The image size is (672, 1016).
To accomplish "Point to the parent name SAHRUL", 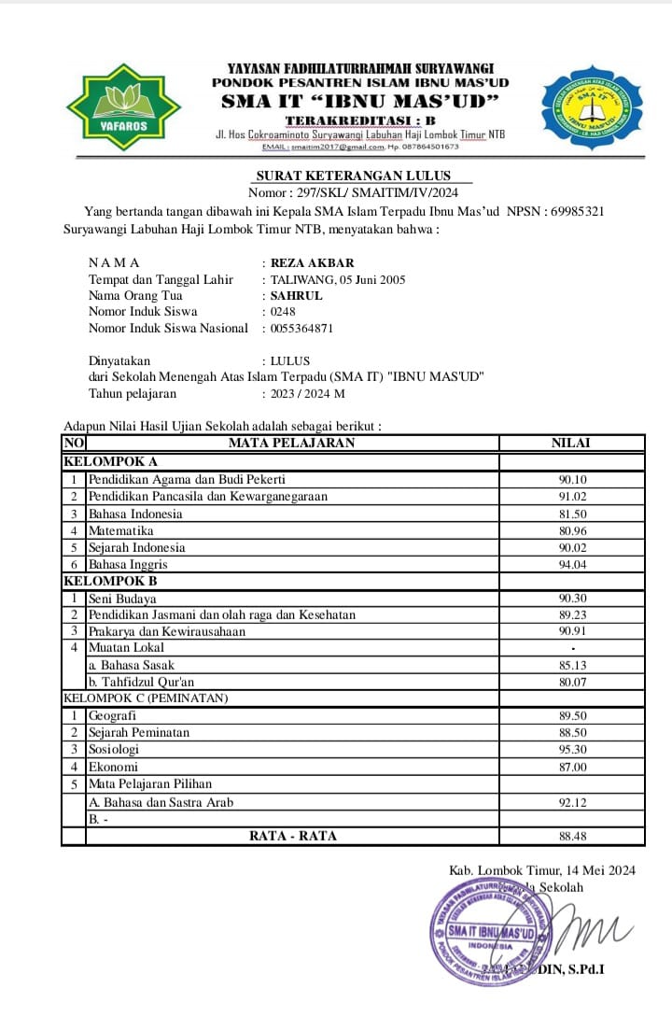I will [296, 295].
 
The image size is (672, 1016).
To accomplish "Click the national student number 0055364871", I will [301, 328].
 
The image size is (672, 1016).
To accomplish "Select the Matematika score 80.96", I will [572, 530].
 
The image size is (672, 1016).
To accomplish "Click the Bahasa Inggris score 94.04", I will [572, 564].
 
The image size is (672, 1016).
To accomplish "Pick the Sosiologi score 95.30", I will [572, 749].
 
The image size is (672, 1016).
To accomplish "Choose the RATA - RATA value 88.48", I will [572, 836].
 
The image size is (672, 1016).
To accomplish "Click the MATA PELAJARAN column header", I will [292, 443].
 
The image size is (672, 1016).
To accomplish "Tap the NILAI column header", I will [571, 443].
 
